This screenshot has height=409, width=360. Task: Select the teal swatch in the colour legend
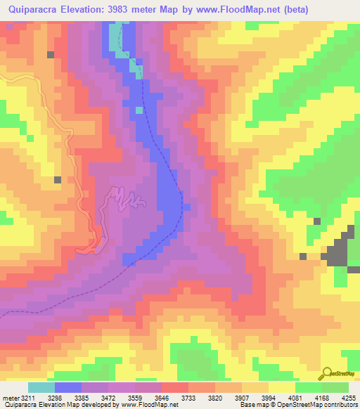pos(41,388)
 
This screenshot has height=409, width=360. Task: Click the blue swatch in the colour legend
pos(67,388)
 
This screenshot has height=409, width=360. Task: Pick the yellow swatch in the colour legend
pos(281,388)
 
